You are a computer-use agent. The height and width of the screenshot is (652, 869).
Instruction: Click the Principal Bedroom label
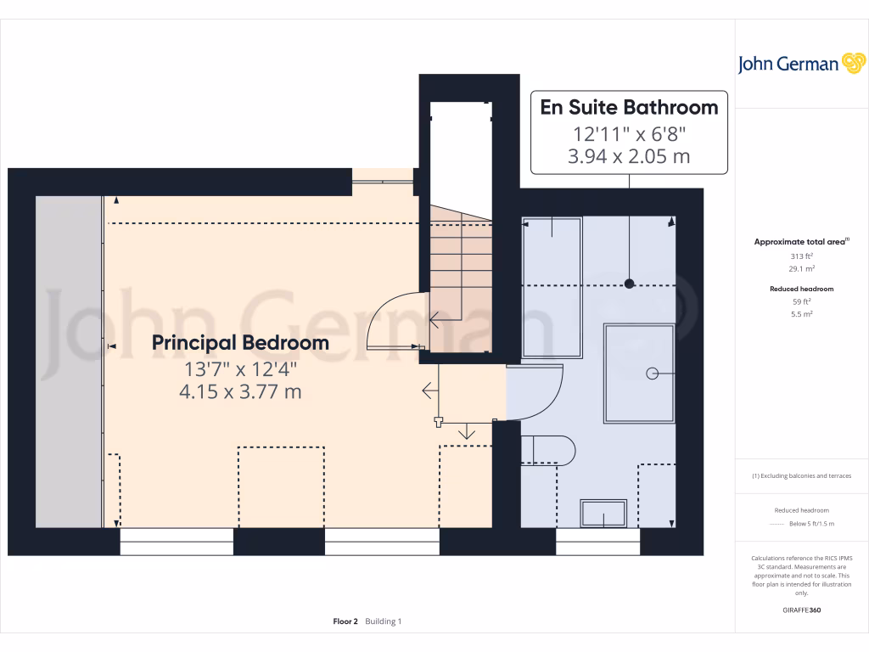[240, 343]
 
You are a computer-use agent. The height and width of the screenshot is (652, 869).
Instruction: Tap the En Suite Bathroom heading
[629, 108]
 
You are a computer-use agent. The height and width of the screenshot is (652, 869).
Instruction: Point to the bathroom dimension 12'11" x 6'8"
[629, 134]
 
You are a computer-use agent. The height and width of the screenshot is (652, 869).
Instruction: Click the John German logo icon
[852, 64]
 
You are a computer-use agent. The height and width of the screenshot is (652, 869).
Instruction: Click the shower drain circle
[653, 373]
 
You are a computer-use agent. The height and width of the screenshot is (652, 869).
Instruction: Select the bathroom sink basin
[603, 514]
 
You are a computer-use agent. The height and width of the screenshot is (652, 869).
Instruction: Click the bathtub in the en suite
[552, 287]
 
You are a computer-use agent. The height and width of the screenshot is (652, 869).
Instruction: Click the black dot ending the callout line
[629, 284]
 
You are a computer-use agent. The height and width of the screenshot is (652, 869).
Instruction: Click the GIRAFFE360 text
[802, 610]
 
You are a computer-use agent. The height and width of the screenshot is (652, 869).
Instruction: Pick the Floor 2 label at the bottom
[345, 621]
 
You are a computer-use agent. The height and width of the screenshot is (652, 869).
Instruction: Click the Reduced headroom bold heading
[802, 289]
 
